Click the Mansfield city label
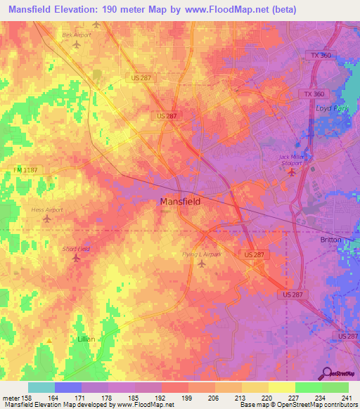pos(181,202)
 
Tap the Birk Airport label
pos(77,34)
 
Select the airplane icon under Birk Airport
pos(77,44)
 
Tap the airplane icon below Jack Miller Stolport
pos(293,173)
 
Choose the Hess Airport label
pos(47,209)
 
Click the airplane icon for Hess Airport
pos(47,219)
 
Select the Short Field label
pos(76,249)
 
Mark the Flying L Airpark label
pos(202,254)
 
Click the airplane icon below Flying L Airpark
pos(202,264)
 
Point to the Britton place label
pos(330,240)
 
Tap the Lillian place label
pos(85,338)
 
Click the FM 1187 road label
pos(25,169)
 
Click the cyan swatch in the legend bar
pos(41,387)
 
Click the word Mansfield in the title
pos(34,9)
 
